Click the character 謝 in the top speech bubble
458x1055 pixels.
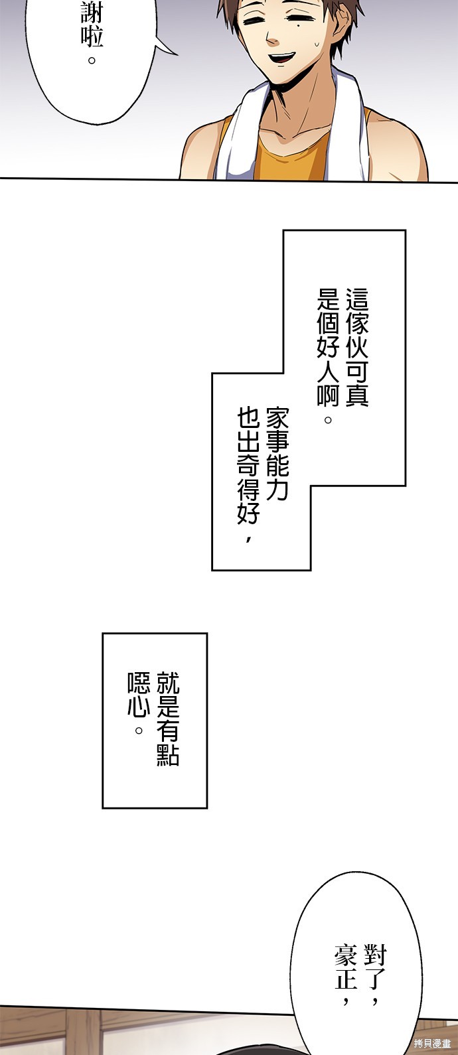(x=92, y=11)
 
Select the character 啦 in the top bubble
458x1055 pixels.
(x=92, y=36)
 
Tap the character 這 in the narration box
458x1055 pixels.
(x=357, y=299)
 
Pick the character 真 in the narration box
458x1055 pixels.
(x=357, y=396)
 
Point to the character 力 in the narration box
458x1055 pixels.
(x=277, y=490)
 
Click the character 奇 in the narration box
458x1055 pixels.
(x=248, y=466)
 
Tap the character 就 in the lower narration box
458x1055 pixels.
(x=168, y=683)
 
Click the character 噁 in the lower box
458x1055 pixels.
(x=139, y=683)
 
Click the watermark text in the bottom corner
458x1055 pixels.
(x=431, y=1044)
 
